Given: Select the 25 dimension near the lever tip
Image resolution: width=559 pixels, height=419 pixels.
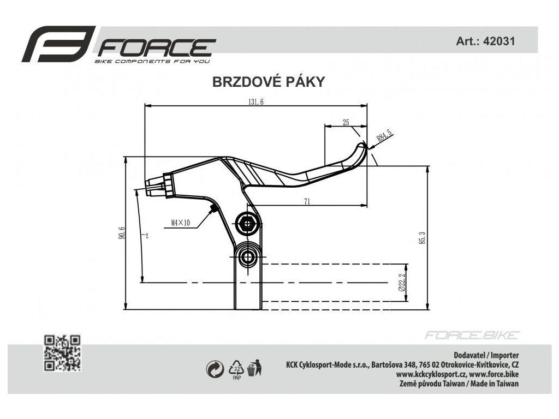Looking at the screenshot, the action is click(346, 123).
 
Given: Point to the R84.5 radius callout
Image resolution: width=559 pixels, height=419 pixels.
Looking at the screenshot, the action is click(384, 135).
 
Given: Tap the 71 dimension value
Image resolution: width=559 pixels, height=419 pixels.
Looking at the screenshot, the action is click(307, 201).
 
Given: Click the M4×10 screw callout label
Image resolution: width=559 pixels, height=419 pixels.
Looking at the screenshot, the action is click(180, 223).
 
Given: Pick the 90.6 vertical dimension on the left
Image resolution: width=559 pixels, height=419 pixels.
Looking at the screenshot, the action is click(122, 232).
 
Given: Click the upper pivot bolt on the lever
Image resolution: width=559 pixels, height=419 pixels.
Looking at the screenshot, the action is click(247, 222).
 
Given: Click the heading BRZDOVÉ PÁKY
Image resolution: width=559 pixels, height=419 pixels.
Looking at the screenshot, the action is click(268, 82).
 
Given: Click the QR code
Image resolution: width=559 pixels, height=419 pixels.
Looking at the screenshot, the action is click(62, 352).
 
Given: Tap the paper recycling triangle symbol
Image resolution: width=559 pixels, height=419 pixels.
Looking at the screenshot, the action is click(236, 369).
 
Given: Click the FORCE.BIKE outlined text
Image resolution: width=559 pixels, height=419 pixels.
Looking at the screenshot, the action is click(472, 335).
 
